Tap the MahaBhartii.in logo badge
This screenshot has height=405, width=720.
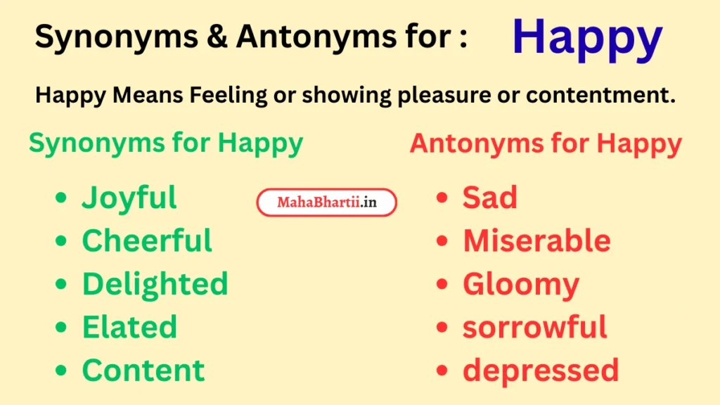pyautogui.click(x=326, y=202)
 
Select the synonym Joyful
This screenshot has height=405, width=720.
pyautogui.click(x=129, y=198)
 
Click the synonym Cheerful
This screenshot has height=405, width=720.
pyautogui.click(x=147, y=241)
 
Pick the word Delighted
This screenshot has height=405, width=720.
pyautogui.click(x=155, y=284)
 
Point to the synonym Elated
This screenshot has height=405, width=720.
pyautogui.click(x=129, y=327)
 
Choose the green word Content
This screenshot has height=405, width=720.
pyautogui.click(x=143, y=371)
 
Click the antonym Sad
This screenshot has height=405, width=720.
pyautogui.click(x=489, y=198)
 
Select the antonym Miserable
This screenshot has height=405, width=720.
pyautogui.click(x=536, y=241)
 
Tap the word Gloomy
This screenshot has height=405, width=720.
pyautogui.click(x=520, y=285)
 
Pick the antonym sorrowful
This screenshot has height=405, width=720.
pyautogui.click(x=534, y=327)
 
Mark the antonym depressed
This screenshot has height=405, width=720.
pyautogui.click(x=540, y=371)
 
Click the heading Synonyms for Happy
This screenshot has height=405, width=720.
pyautogui.click(x=166, y=143)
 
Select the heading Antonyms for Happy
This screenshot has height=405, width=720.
pyautogui.click(x=546, y=143)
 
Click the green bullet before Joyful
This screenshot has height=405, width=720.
pyautogui.click(x=62, y=199)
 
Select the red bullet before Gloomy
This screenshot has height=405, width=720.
pyautogui.click(x=442, y=285)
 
